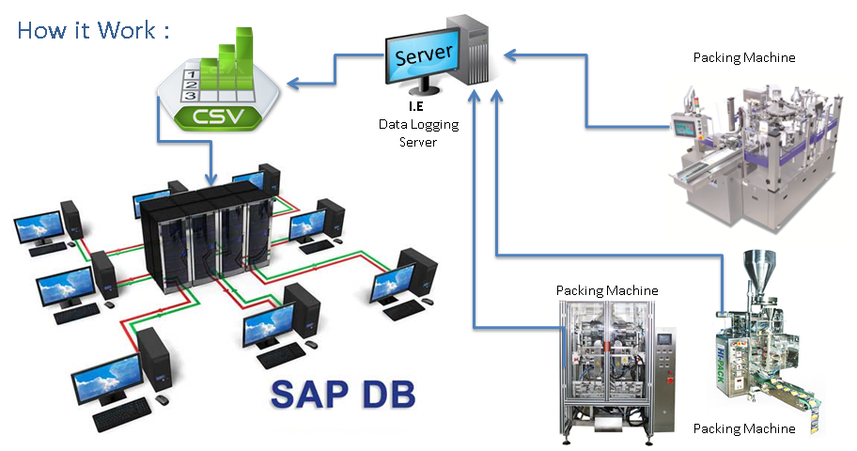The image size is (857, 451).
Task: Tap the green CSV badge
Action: pos(218,118)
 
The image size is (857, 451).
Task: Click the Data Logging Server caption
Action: pos(411,132)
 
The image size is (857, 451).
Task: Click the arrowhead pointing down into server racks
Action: pos(214,177)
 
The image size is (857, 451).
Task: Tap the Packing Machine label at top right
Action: pos(743,57)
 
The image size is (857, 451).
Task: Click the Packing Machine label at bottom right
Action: pos(743,428)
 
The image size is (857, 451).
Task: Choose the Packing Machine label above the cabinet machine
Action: pos(606,290)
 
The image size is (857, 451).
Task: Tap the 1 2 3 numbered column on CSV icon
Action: pos(190,83)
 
